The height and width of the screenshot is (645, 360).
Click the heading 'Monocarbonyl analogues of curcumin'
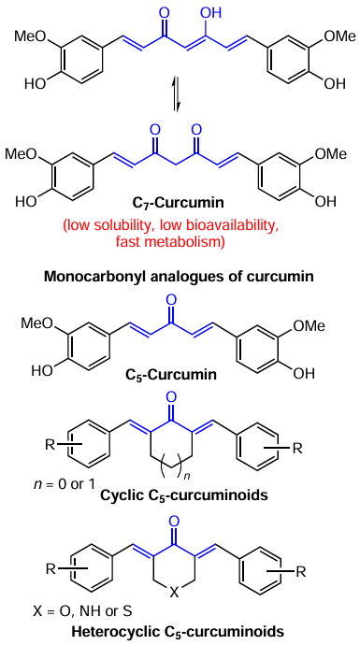[180, 276]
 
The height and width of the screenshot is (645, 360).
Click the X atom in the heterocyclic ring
[180, 591]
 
